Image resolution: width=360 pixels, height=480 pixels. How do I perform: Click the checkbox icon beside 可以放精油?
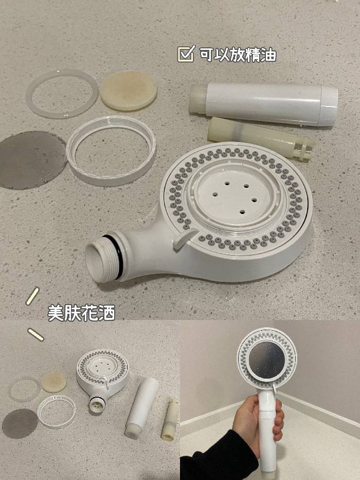[x=186, y=54]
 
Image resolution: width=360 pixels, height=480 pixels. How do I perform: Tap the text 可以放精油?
[x=238, y=55]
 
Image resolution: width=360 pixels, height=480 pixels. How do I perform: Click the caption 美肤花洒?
[x=81, y=313]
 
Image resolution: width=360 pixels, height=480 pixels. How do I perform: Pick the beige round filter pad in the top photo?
[x=129, y=91]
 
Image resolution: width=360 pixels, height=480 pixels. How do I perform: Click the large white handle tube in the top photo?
[x=263, y=104]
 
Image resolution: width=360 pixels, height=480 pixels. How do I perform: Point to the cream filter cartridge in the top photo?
[x=261, y=138]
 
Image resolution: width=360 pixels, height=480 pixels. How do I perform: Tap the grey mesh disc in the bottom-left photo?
[x=20, y=423]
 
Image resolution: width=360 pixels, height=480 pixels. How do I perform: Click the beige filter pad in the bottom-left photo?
[x=54, y=382]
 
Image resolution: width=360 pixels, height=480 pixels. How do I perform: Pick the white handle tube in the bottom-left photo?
[x=142, y=407]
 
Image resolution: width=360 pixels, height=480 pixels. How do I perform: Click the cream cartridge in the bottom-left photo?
[x=171, y=419]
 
